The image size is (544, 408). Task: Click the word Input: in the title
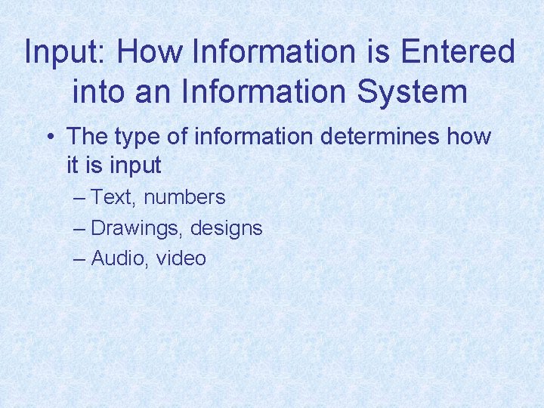click(x=66, y=52)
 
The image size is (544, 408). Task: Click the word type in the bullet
click(x=135, y=138)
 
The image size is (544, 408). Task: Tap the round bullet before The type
click(x=48, y=138)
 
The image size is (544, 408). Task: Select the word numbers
click(x=184, y=198)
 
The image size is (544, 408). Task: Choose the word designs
click(x=227, y=228)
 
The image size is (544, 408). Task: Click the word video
click(x=181, y=258)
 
